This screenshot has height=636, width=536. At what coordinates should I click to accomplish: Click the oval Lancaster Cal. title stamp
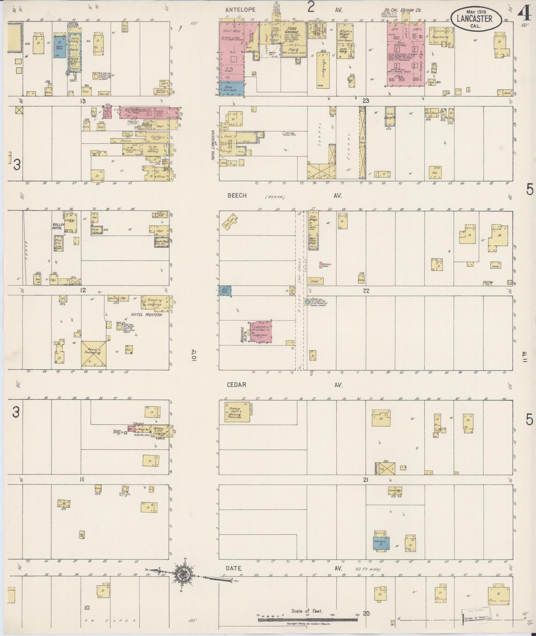pos(477,17)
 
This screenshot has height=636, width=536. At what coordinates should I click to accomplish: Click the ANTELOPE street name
pos(240,9)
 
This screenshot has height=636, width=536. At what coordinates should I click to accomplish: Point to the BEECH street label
pos(237,195)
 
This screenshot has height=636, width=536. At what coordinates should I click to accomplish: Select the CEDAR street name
pos(237,385)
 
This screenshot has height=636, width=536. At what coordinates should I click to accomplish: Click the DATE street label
pos(233,578)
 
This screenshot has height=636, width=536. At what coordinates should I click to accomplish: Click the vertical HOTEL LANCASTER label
pos(214,145)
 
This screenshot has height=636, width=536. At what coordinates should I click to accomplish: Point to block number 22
pos(366,291)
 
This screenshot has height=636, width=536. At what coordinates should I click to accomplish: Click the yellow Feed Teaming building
pos(93,354)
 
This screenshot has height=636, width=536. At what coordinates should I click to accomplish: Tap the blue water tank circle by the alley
pos(307,302)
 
